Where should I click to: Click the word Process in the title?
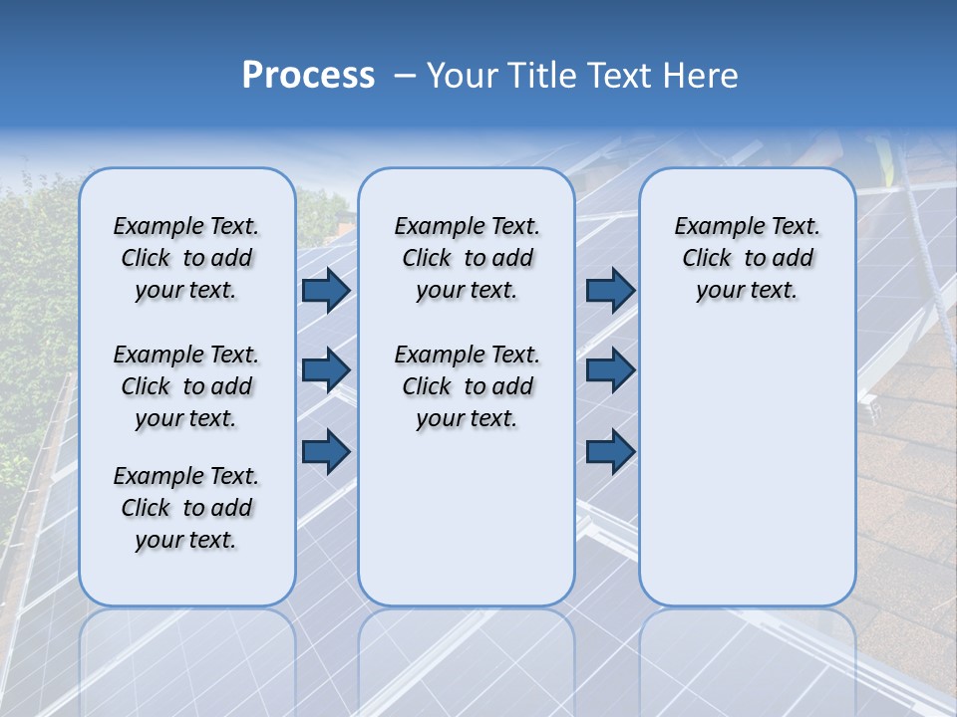(308, 76)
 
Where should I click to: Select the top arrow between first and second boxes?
(325, 290)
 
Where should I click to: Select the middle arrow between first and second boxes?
(325, 370)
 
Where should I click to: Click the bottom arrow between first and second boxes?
(325, 451)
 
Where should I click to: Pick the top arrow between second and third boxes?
(610, 290)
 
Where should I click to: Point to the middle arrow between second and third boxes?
(610, 370)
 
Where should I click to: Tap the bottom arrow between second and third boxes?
(610, 451)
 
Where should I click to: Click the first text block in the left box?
(186, 258)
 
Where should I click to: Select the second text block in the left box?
(186, 386)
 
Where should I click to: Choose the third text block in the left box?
(186, 508)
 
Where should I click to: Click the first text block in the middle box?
(467, 258)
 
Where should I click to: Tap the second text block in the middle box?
(467, 386)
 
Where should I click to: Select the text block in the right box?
(747, 258)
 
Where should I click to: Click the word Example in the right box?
(712, 227)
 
